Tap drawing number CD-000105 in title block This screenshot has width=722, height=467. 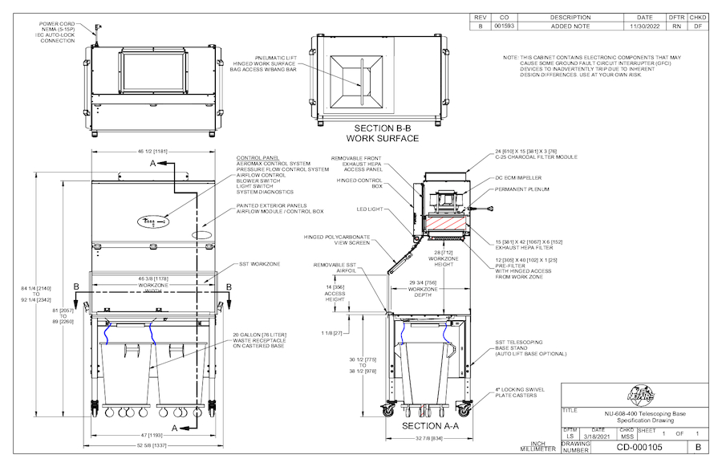[641, 448]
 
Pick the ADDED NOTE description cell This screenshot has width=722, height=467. [570, 26]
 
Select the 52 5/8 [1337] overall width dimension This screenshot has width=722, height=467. [152, 447]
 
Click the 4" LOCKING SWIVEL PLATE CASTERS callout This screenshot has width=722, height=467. [521, 392]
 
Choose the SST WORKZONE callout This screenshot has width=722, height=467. [260, 263]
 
